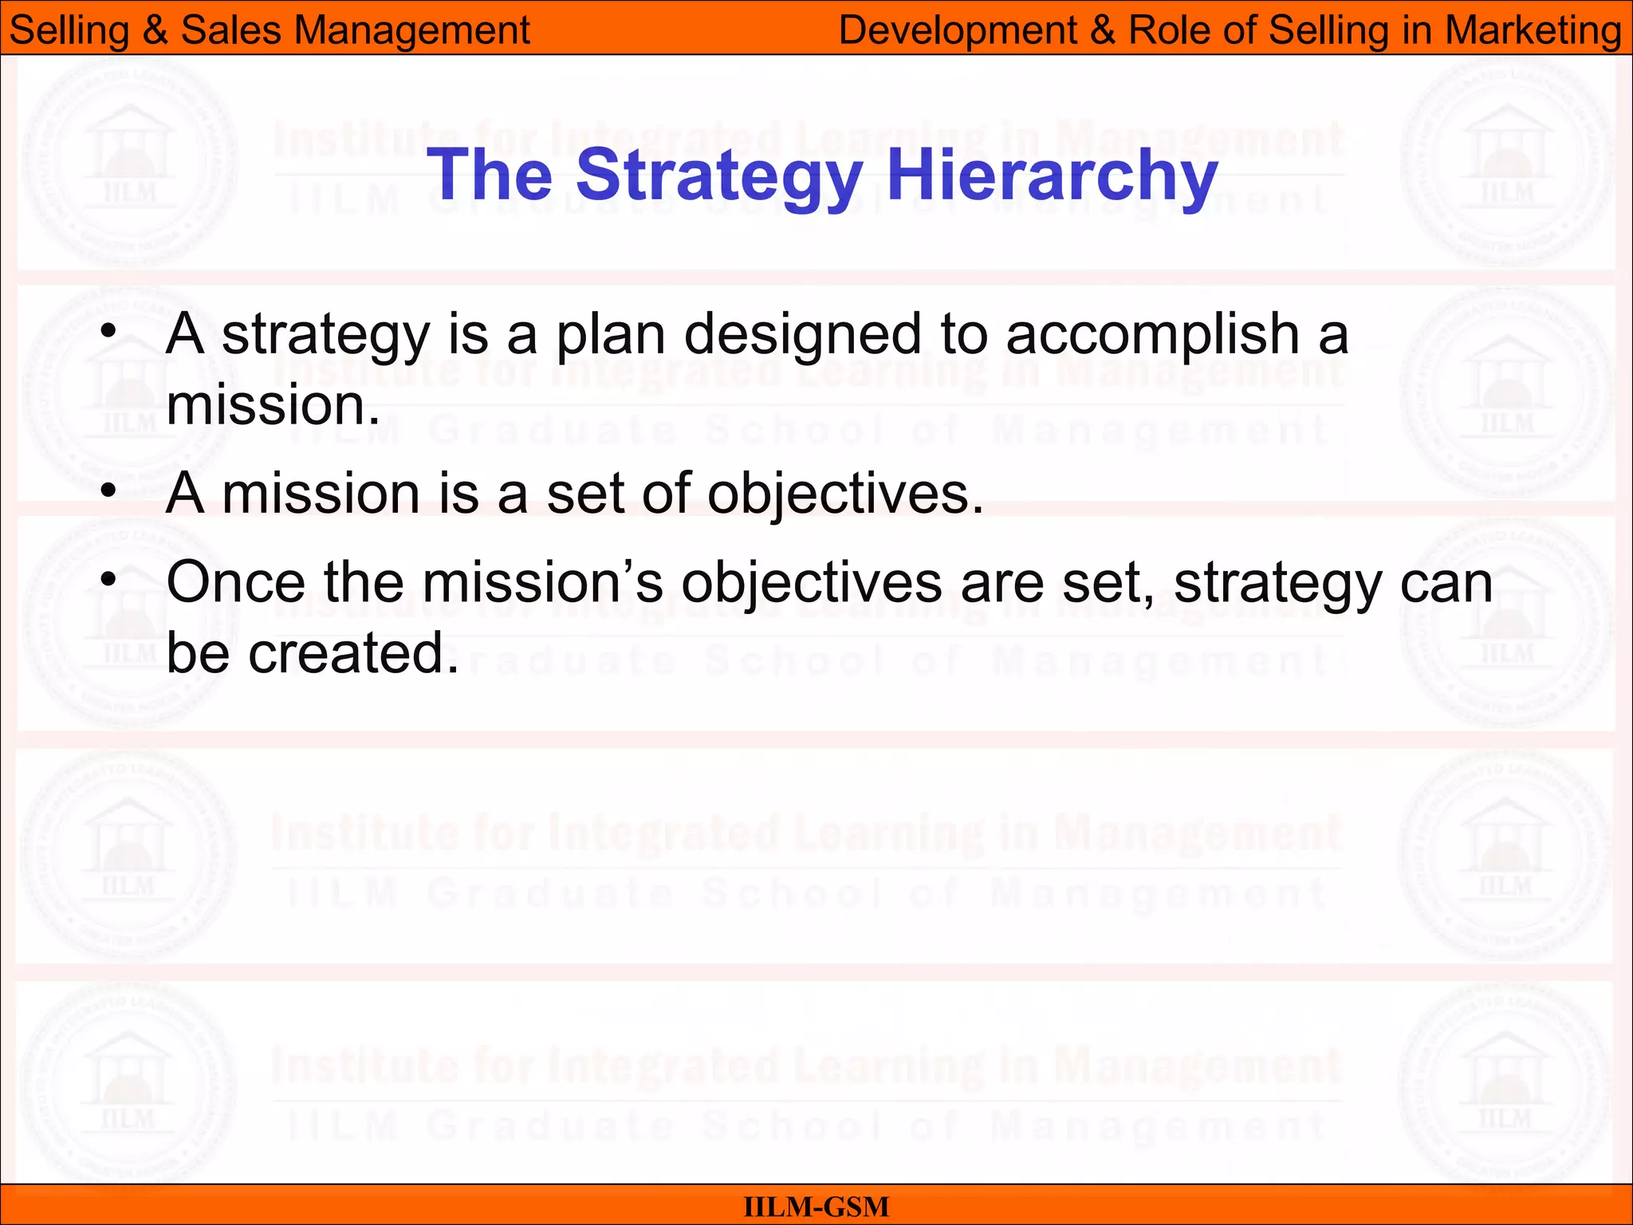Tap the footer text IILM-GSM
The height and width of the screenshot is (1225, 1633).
click(x=816, y=1207)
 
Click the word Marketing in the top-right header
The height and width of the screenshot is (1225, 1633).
click(x=1533, y=30)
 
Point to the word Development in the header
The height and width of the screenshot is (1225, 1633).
click(x=958, y=30)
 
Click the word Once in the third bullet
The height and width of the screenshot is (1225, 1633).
click(x=235, y=582)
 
